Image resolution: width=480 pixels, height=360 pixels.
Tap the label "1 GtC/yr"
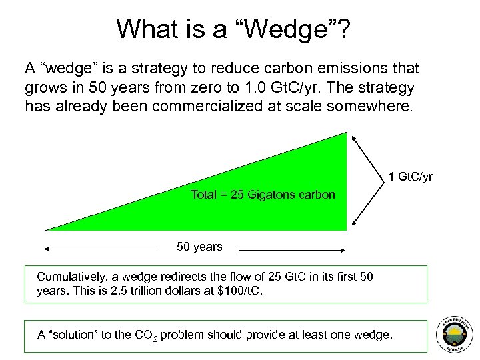411,177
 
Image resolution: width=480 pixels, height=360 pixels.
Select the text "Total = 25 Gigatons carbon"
263,195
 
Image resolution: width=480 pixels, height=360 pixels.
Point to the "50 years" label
199,247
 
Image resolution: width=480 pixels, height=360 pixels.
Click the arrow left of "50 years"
100,249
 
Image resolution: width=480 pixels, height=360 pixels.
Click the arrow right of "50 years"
291,251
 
